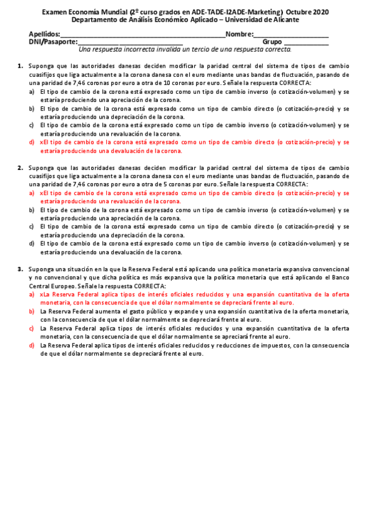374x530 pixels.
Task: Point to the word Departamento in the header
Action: (x=95, y=19)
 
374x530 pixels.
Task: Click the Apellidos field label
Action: (x=44, y=34)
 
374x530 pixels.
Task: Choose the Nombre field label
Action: (x=239, y=34)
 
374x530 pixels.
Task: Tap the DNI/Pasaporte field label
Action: (x=53, y=41)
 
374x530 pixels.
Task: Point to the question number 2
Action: (x=20, y=168)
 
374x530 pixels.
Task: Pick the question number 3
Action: (x=20, y=269)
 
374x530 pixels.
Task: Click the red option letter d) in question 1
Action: (x=32, y=142)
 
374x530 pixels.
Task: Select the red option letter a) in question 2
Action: (x=32, y=194)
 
